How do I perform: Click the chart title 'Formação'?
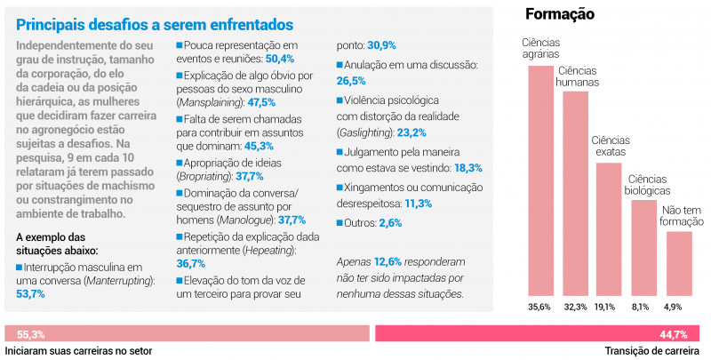pyautogui.click(x=560, y=14)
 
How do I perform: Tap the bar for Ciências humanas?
pyautogui.click(x=575, y=191)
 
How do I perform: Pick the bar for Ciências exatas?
pyautogui.click(x=609, y=227)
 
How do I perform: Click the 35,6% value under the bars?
pyautogui.click(x=540, y=307)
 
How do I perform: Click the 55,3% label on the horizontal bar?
pyautogui.click(x=31, y=334)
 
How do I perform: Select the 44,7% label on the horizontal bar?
pyautogui.click(x=673, y=334)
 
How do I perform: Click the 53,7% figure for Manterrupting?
pyautogui.click(x=31, y=293)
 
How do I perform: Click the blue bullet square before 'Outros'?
pyautogui.click(x=340, y=223)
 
